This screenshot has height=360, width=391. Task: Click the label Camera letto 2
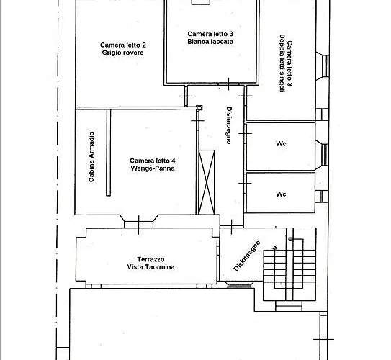click(122, 45)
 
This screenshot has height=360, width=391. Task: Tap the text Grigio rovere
click(122, 53)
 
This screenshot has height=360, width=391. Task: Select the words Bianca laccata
click(210, 41)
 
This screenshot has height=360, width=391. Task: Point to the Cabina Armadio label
click(91, 157)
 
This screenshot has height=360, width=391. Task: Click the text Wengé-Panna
click(153, 168)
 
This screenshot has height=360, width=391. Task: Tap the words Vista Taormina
click(150, 266)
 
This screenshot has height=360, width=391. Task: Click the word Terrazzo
click(150, 259)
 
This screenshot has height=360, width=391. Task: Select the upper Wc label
click(281, 143)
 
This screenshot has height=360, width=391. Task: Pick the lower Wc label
click(281, 194)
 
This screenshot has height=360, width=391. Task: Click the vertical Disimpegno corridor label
click(229, 125)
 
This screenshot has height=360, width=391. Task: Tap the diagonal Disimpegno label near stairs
click(247, 256)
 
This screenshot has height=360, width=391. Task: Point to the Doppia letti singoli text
click(282, 63)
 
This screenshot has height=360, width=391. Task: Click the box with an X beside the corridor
click(207, 182)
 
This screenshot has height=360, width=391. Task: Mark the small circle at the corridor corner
click(199, 108)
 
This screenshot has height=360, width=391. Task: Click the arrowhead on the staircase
click(275, 248)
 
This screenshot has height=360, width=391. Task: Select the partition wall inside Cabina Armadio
click(109, 153)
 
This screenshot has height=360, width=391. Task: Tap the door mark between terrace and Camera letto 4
click(139, 225)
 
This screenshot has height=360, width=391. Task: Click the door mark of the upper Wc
click(245, 134)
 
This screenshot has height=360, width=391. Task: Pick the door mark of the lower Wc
click(245, 184)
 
